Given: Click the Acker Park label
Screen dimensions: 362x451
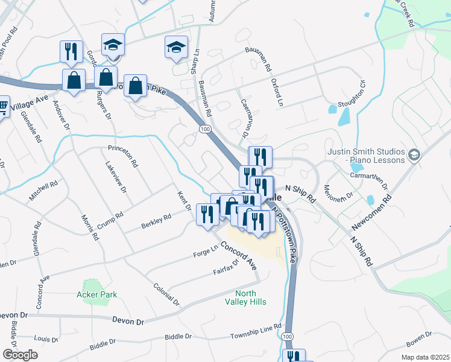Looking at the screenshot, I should pyautogui.click(x=96, y=294).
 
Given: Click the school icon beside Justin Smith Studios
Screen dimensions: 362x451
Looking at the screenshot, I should pyautogui.click(x=413, y=155).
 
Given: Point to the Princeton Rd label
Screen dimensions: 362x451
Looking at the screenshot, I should pyautogui.click(x=123, y=156).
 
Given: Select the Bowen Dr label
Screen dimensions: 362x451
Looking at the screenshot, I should pyautogui.click(x=419, y=341).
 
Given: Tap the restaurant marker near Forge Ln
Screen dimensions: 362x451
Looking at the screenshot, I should pyautogui.click(x=207, y=215).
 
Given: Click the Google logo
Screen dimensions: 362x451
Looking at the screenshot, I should pyautogui.click(x=20, y=355).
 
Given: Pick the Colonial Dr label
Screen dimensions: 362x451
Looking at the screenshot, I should pyautogui.click(x=166, y=294).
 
